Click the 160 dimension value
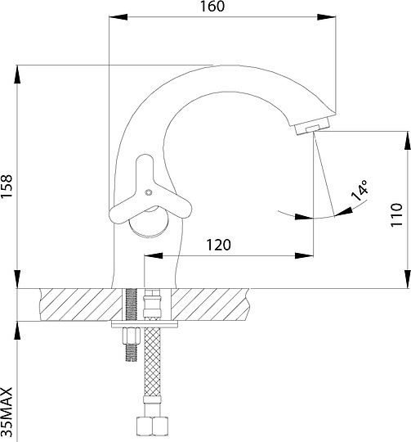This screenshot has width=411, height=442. click(212, 7)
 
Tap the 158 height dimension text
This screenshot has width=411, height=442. click(7, 186)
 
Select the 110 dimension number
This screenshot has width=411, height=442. click(397, 214)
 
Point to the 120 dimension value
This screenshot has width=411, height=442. click(219, 245)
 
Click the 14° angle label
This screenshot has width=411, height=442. click(360, 190)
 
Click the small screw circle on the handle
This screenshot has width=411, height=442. click(148, 192)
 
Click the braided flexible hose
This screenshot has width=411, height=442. click(152, 363)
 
